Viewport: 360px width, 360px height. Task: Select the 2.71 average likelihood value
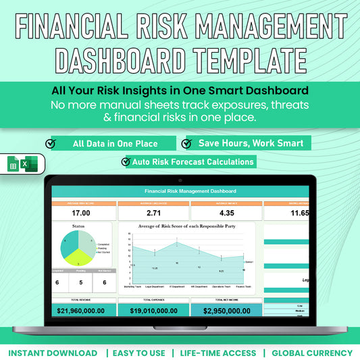[x=153, y=212]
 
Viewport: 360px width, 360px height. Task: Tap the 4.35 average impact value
[x=226, y=212]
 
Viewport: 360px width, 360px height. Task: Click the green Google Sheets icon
[x=13, y=164]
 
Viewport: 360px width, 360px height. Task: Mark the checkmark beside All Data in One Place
[x=51, y=143]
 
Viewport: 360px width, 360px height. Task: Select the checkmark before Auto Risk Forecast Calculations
[x=126, y=161]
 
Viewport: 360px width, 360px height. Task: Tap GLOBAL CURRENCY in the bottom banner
[x=312, y=353]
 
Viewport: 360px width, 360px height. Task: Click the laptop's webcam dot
[x=180, y=180]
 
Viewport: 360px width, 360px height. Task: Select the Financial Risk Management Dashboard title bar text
[x=180, y=192]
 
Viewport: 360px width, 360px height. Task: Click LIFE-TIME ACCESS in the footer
[x=218, y=353]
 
